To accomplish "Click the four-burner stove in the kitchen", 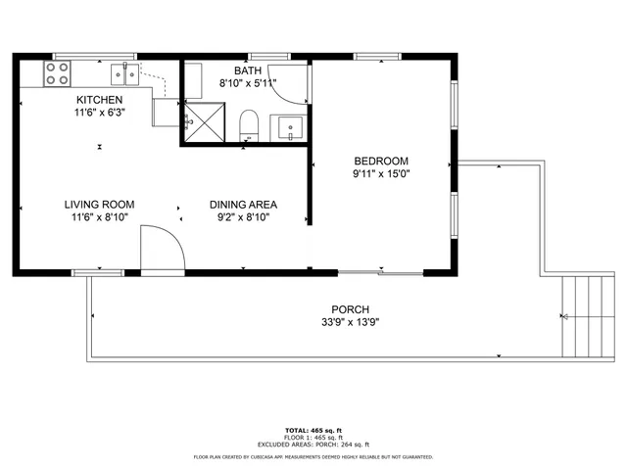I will click(57, 72).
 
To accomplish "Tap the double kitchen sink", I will click(122, 71).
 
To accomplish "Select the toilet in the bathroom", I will click(249, 125).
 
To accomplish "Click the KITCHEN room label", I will click(100, 100).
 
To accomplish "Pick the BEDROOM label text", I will click(381, 161).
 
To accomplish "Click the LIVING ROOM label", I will click(99, 205).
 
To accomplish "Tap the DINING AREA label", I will click(243, 205).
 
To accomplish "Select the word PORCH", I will click(350, 309).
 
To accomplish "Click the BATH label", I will click(247, 71).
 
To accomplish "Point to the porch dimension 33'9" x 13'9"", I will click(350, 322).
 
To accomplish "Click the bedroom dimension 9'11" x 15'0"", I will click(381, 174).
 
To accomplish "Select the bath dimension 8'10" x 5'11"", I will click(247, 84).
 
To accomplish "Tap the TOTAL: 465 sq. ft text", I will click(313, 431).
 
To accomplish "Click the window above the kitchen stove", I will click(80, 56).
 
